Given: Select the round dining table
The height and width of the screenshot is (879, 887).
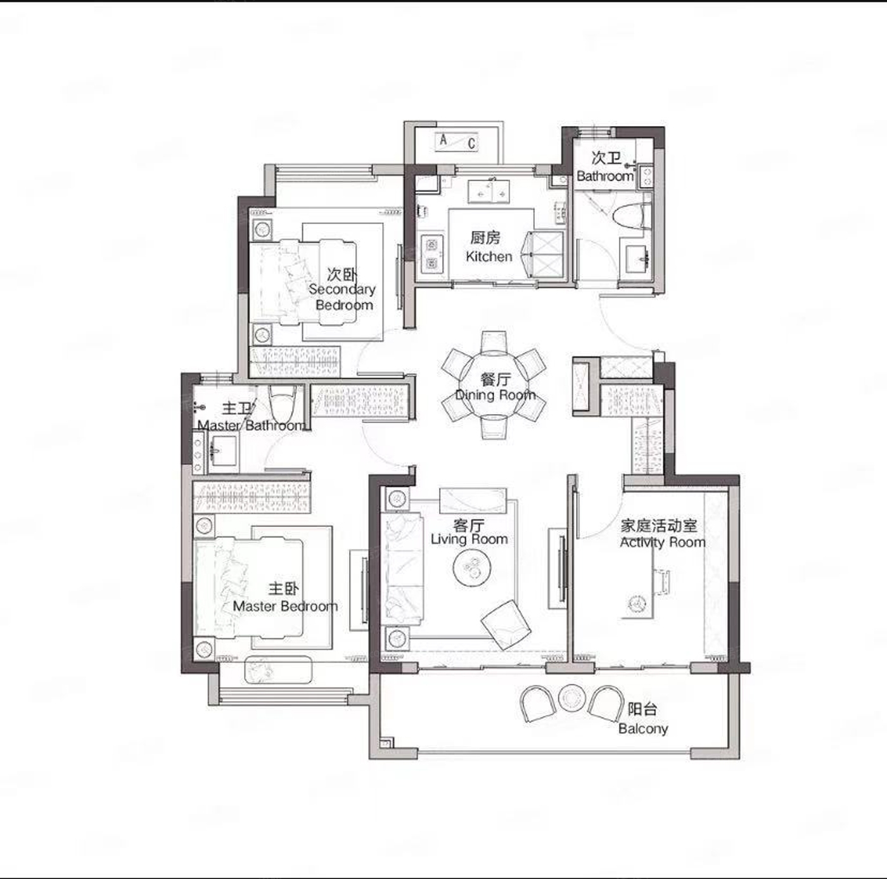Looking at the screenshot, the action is pos(494,384).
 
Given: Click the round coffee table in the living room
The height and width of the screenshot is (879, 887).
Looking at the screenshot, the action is pos(472,569).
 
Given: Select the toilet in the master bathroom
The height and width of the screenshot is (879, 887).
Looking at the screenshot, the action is pos(282,402).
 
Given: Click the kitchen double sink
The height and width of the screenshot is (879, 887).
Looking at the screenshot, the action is pos(489,191).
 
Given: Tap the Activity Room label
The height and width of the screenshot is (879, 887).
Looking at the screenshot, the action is pos(662,534).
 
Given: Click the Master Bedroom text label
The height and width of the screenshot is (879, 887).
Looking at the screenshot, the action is pos(285,598).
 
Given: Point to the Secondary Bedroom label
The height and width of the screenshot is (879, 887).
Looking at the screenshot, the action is pos(343,289).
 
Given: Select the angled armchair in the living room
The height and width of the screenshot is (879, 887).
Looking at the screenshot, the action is pos(505,624).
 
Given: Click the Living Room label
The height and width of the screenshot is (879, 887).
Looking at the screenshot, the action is pos(469,531).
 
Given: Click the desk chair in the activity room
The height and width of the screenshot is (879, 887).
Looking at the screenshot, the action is pos(661,582).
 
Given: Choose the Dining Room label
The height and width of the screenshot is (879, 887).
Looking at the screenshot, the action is pos(495,388).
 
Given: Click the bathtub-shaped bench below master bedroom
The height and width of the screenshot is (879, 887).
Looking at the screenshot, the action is pos(278,669).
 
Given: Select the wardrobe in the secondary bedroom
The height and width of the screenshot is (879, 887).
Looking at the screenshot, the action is pos(295,362).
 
